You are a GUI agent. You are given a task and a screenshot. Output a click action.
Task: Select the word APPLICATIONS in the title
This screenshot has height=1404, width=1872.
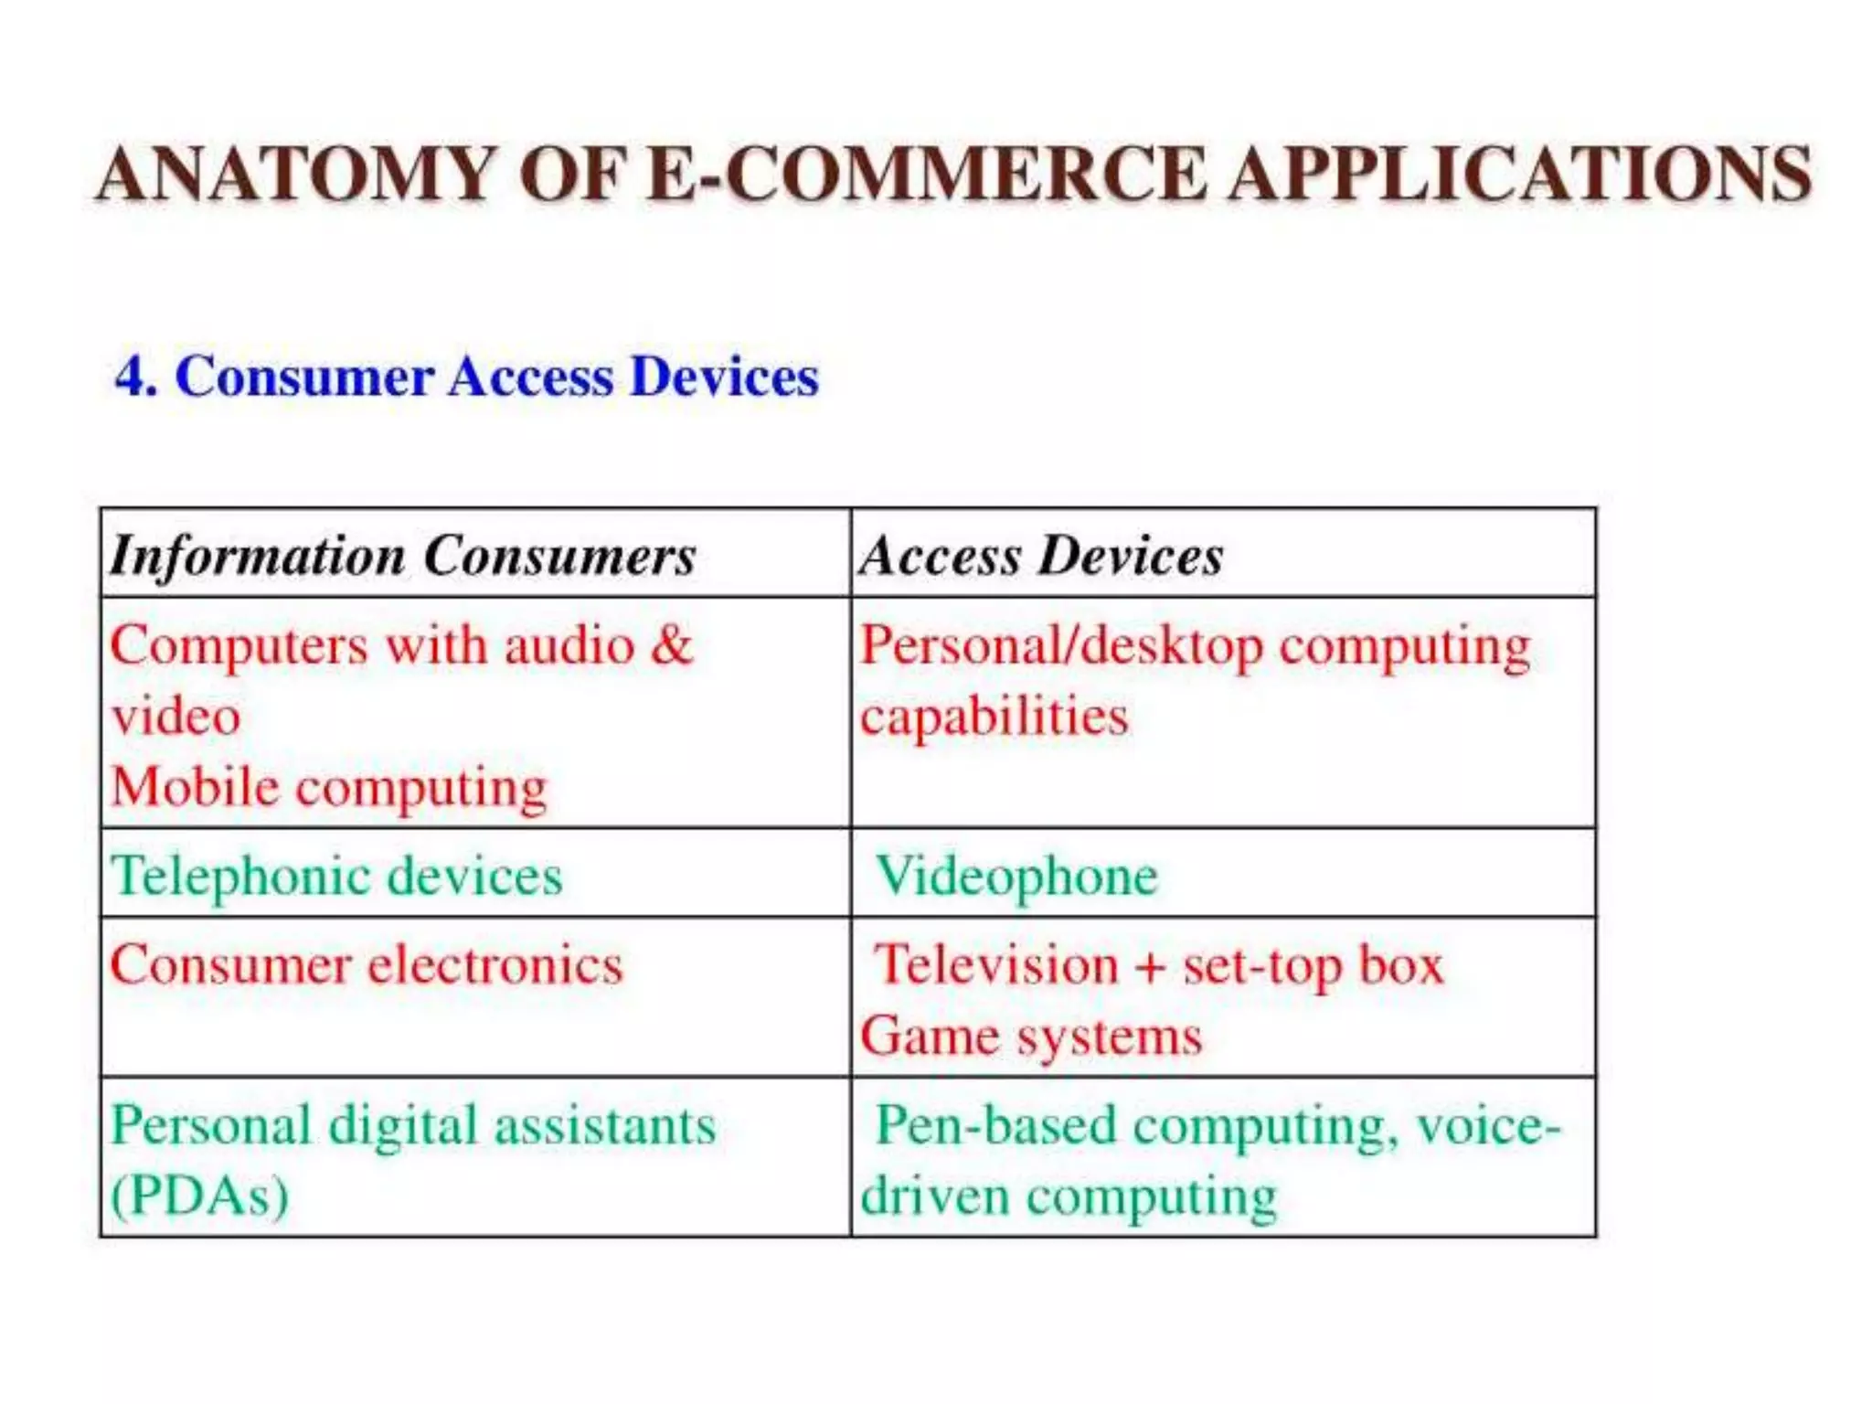(1519, 174)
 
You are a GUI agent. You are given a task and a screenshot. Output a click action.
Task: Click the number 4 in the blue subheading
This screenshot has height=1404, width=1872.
(133, 377)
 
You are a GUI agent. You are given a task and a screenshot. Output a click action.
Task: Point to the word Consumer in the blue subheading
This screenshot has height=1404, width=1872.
(303, 377)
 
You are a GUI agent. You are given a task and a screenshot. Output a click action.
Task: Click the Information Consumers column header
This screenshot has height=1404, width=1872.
(402, 556)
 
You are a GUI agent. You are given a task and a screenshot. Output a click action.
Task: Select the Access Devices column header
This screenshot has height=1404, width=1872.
(1040, 556)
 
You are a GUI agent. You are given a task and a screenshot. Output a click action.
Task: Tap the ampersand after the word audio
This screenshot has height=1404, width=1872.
(672, 644)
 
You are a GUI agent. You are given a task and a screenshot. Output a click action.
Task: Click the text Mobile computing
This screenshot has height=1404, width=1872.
(329, 787)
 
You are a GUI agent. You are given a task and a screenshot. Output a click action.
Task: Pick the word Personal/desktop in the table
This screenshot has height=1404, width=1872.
(1061, 646)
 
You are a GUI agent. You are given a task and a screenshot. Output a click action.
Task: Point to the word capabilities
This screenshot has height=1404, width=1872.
(994, 716)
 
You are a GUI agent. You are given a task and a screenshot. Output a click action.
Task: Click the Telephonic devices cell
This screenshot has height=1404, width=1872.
(336, 876)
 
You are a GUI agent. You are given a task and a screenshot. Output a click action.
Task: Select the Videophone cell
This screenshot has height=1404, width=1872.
(1016, 876)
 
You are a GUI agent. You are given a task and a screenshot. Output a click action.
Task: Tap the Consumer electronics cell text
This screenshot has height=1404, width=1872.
(366, 965)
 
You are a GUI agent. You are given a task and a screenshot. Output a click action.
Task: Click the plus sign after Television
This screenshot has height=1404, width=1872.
(1150, 967)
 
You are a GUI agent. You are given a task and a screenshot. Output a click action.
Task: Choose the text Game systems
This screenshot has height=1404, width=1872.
(1031, 1037)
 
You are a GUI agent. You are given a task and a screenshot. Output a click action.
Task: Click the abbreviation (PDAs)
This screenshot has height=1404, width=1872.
(199, 1196)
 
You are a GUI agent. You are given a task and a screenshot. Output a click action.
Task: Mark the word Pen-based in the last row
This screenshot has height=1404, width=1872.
(996, 1125)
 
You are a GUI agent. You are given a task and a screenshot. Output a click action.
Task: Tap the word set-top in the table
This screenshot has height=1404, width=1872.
(1261, 967)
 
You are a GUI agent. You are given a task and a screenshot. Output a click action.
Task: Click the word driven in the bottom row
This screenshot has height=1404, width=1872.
(934, 1196)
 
